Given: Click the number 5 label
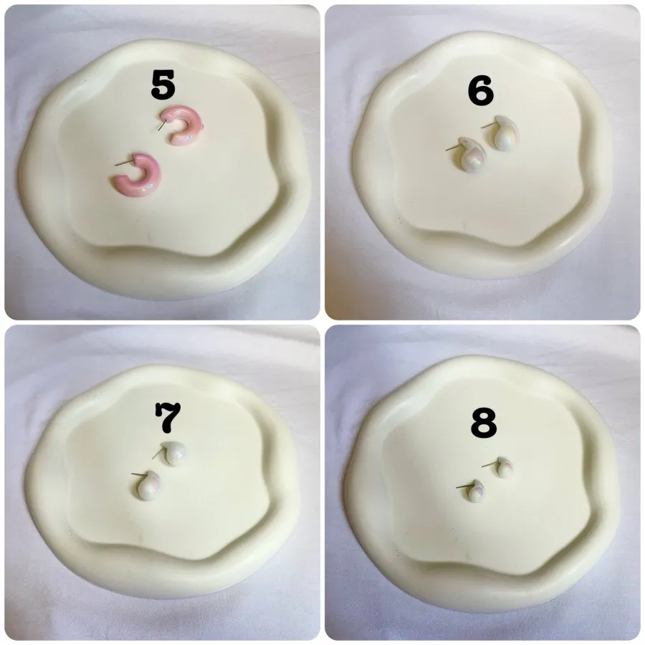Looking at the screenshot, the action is coord(163,85).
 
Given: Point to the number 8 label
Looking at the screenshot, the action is coord(484,423).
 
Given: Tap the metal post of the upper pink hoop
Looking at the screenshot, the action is coord(163,123).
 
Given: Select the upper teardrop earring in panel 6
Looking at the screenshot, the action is coord(505,134).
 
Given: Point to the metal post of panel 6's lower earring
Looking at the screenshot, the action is coord(453,148).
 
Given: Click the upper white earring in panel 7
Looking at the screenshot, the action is coord(173,454).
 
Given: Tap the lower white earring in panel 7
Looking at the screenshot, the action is coord(149,486).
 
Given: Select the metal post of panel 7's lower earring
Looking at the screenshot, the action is coord(139,474).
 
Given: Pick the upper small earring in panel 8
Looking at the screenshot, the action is coord(504,467).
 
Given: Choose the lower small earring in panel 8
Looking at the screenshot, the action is coord(476,490).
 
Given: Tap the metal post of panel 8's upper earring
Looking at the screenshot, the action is coord(489,464).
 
